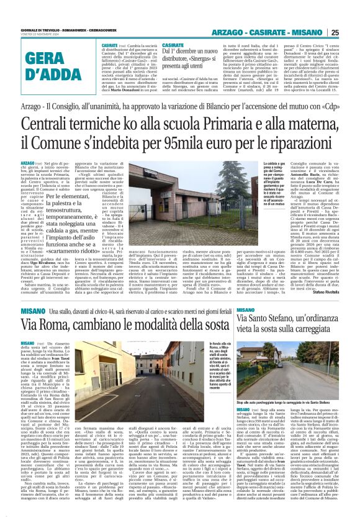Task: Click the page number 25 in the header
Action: (352, 33)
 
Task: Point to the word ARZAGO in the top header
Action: (235, 33)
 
